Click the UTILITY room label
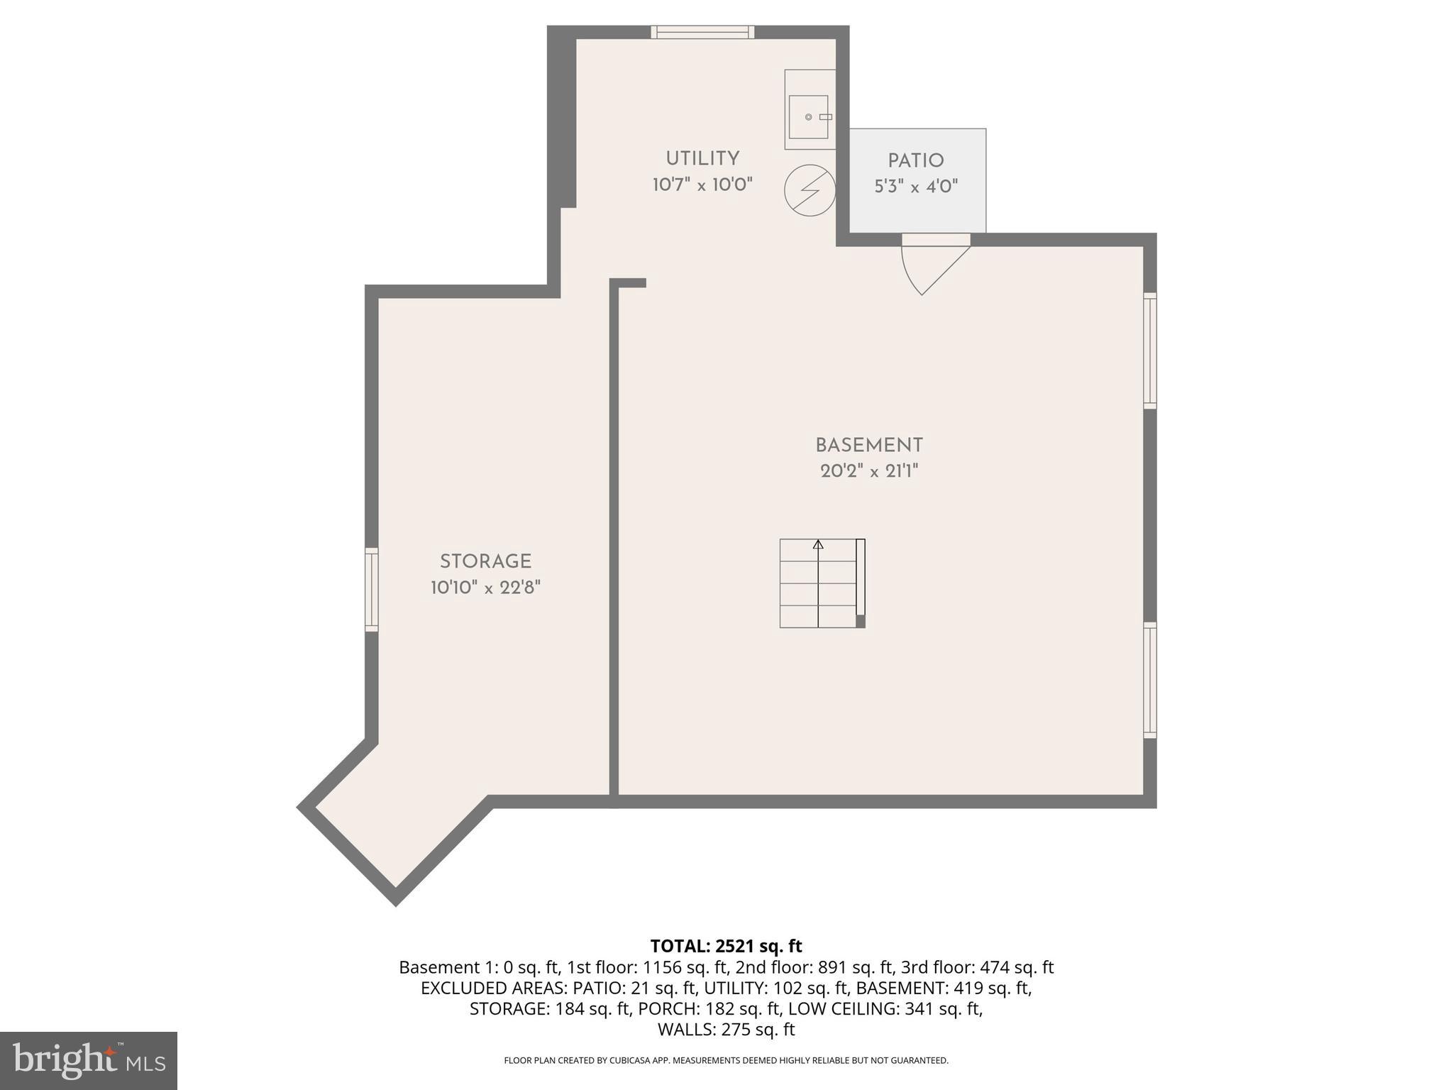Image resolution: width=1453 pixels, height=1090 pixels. tap(702, 158)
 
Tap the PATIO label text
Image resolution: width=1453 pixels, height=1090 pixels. tap(916, 161)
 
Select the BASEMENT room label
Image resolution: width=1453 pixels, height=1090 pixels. tap(869, 446)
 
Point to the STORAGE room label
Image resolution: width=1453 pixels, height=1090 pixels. tap(485, 561)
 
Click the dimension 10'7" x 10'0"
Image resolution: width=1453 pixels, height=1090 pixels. tap(702, 185)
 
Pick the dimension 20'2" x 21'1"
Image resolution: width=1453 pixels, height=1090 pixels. tap(869, 471)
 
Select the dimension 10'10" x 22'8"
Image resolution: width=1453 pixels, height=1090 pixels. tap(485, 588)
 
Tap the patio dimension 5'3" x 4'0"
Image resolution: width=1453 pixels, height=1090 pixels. tap(916, 187)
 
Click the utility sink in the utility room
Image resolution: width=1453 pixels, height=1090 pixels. tap(809, 116)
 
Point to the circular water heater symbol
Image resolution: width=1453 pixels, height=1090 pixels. tap(810, 190)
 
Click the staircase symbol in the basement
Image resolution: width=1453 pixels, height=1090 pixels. tap(822, 583)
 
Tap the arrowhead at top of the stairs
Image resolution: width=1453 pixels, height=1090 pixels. tap(818, 544)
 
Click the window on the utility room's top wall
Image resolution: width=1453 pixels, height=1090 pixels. tap(702, 32)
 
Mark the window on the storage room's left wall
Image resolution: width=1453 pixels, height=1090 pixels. tap(371, 589)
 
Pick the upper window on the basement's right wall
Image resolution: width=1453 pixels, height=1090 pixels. tap(1149, 351)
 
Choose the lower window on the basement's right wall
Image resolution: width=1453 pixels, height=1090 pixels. tap(1149, 680)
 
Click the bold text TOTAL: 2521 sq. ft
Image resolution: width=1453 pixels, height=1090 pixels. tap(726, 946)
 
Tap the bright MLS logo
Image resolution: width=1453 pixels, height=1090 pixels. tap(88, 1060)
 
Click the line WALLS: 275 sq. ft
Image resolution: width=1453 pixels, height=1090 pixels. tap(726, 1029)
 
